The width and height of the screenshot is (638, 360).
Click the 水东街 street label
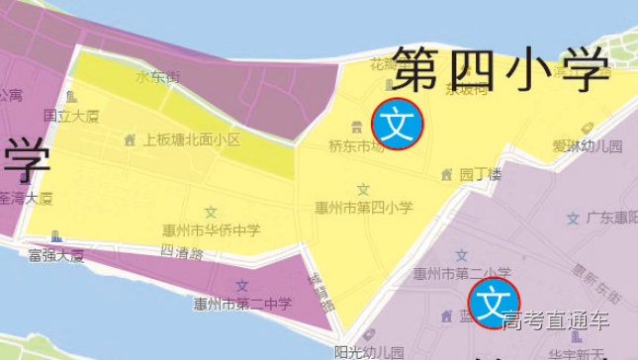tap(158, 76)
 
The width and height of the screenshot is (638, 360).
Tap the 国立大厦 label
tap(71, 116)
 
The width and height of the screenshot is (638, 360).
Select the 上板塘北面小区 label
tap(192, 140)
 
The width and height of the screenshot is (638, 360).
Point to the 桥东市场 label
tap(356, 146)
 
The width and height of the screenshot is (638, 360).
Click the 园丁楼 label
tap(481, 173)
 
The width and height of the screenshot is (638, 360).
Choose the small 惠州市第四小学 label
tap(363, 208)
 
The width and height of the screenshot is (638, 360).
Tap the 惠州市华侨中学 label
tap(212, 230)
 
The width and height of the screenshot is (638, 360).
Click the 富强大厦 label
tap(55, 255)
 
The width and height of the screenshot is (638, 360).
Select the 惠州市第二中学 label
tap(242, 304)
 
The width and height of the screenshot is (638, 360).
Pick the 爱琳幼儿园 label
tap(587, 146)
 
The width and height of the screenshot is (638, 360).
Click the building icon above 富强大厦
tap(55, 237)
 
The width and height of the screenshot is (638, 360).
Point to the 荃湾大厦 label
tap(26, 198)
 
